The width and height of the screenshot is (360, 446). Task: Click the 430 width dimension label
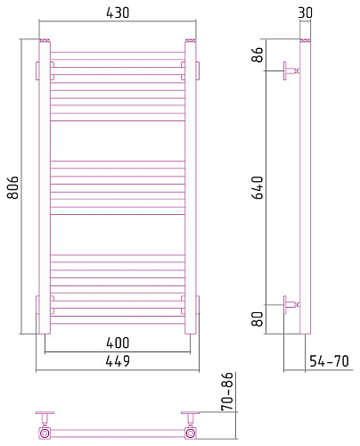tap(118, 12)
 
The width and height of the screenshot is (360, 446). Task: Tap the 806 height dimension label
tap(13, 187)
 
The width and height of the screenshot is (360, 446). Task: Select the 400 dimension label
tap(118, 343)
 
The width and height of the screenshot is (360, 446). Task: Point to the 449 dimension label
tap(118, 361)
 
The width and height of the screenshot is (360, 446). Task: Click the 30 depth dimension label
tap(306, 12)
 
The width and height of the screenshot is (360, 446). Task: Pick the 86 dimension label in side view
tap(258, 54)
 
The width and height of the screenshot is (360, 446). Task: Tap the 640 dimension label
tap(258, 187)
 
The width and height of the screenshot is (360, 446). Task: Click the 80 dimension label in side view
tap(258, 319)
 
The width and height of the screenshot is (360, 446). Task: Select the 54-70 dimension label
tap(329, 361)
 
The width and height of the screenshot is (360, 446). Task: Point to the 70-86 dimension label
tap(228, 392)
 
